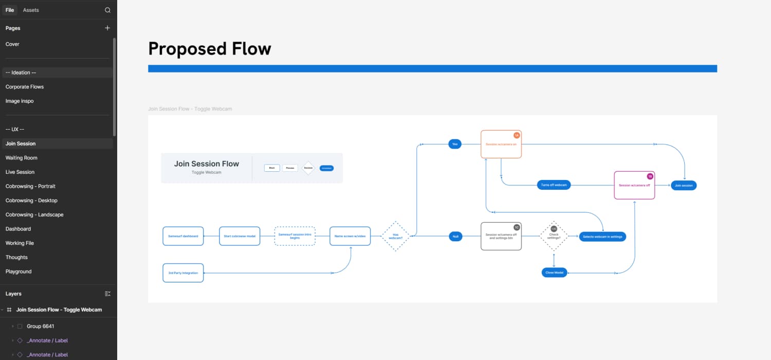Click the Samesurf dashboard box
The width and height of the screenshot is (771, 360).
[183, 236]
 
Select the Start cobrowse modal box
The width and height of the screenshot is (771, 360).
[240, 236]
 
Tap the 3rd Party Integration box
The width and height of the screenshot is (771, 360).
[183, 273]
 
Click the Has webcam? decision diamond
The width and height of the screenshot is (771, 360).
[395, 236]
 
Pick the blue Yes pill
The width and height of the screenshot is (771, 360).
[454, 145]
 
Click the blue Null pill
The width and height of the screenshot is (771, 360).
[455, 236]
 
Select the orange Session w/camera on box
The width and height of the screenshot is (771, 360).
[501, 145]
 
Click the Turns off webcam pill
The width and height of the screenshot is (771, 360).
[554, 185]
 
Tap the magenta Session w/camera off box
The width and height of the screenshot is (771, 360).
[634, 185]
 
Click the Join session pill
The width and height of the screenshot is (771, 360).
[684, 185]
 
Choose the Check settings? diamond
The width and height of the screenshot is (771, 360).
[554, 236]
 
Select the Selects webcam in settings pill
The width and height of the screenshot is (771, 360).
[602, 237]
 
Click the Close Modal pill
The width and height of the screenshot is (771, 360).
[554, 273]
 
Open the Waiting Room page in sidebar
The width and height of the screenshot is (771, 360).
[22, 158]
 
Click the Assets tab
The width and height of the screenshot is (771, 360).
[31, 10]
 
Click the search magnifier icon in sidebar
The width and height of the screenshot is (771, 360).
[107, 10]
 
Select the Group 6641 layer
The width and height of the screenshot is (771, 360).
[40, 326]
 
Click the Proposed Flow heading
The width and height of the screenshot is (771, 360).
[209, 49]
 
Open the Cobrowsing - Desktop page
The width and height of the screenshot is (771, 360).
[31, 201]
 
